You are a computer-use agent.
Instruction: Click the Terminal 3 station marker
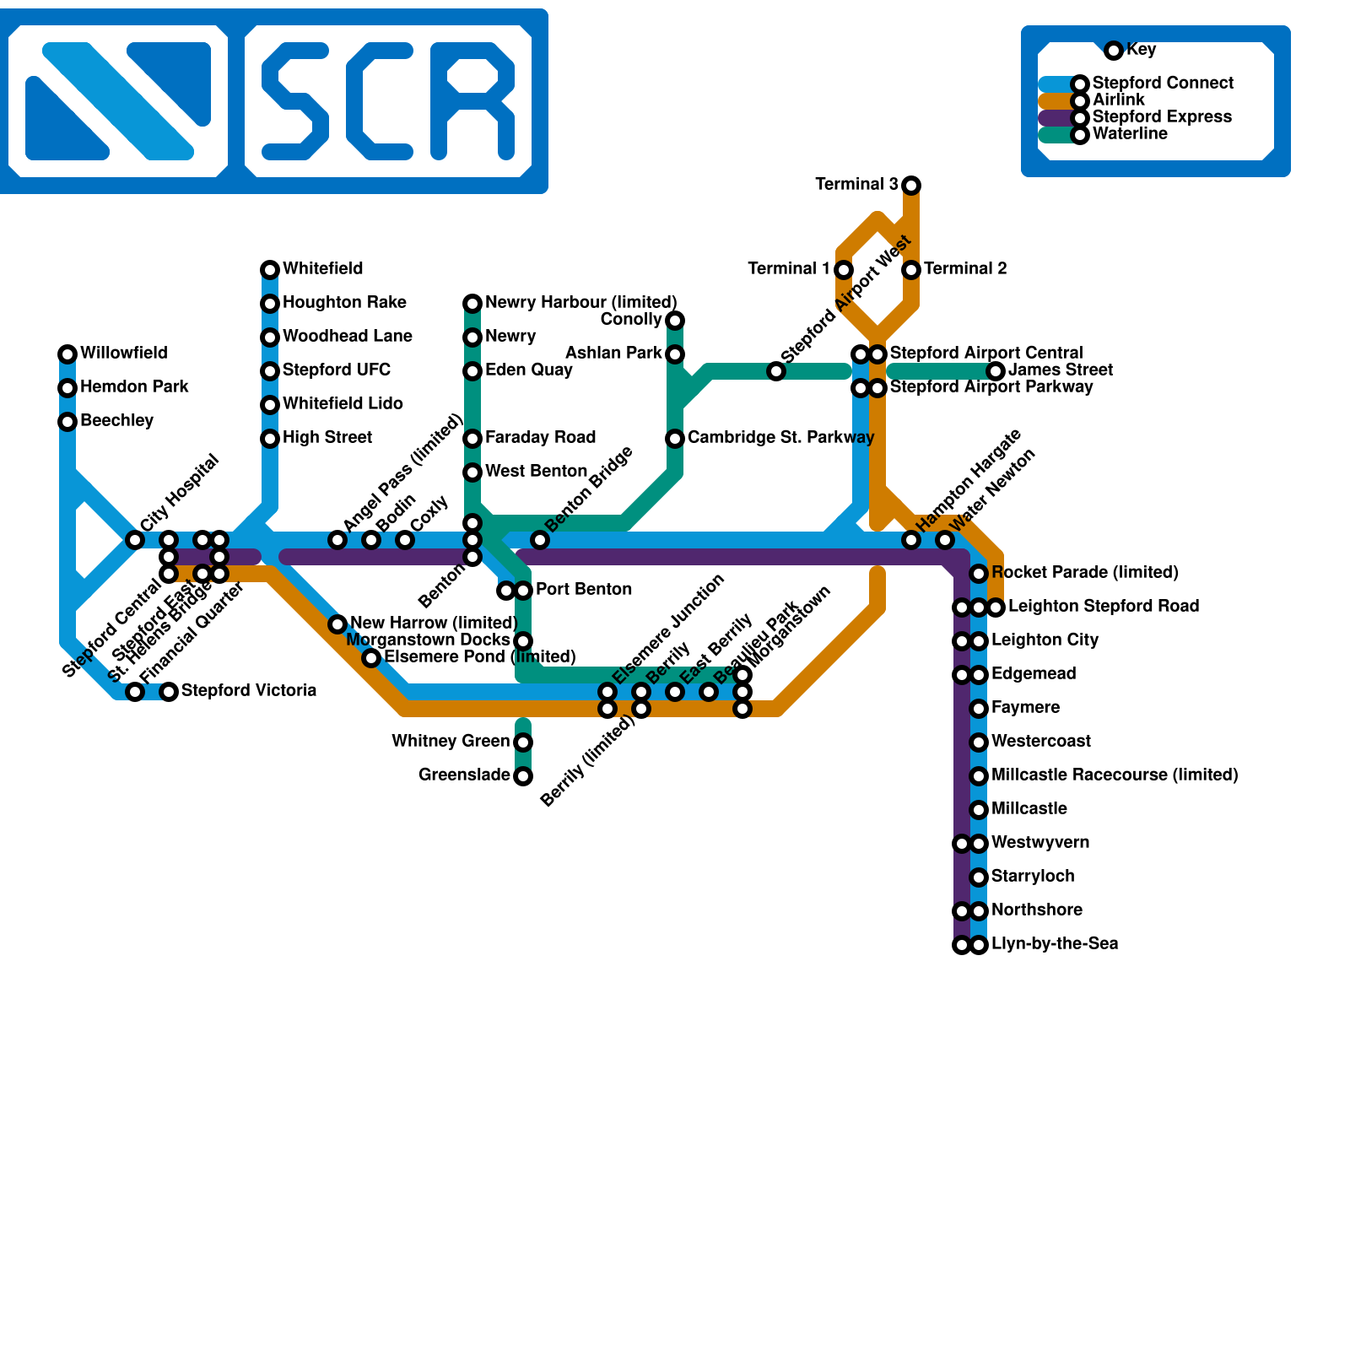pyautogui.click(x=911, y=185)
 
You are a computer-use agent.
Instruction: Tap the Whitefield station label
pyautogui.click(x=322, y=269)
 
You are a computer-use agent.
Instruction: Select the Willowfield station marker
pyautogui.click(x=67, y=354)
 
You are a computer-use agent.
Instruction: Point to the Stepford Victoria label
pyautogui.click(x=249, y=691)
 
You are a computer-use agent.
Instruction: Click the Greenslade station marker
pyautogui.click(x=523, y=775)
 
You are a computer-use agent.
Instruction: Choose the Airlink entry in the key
pyautogui.click(x=1118, y=100)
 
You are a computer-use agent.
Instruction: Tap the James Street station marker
pyautogui.click(x=996, y=370)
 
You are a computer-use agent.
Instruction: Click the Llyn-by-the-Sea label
pyautogui.click(x=1055, y=944)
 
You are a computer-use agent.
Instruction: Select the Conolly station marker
pyautogui.click(x=675, y=320)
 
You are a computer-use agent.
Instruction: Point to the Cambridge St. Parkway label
pyautogui.click(x=780, y=438)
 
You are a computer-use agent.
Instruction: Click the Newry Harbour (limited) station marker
pyautogui.click(x=472, y=303)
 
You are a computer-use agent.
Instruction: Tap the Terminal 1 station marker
pyautogui.click(x=844, y=269)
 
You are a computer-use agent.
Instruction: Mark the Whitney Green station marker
pyautogui.click(x=523, y=742)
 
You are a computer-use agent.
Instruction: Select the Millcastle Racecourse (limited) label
pyautogui.click(x=1115, y=775)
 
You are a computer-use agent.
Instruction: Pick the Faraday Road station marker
pyautogui.click(x=472, y=438)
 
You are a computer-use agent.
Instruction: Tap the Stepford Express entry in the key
pyautogui.click(x=1162, y=117)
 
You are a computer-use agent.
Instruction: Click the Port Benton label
pyautogui.click(x=584, y=590)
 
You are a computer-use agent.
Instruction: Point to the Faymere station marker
pyautogui.click(x=979, y=708)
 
